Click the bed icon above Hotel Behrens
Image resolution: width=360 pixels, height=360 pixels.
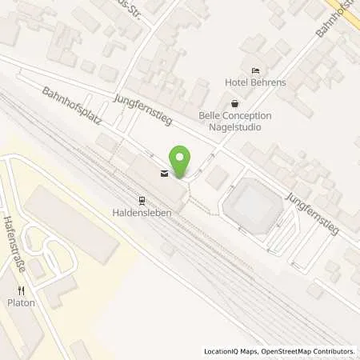pos(255,71)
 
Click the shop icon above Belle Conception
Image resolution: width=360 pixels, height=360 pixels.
pos(234,103)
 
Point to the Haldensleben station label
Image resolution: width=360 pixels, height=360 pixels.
pos(141,213)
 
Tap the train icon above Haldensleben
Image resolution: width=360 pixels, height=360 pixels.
pos(141,201)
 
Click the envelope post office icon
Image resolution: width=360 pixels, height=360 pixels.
pos(165,174)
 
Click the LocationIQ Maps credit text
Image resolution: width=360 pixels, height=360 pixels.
pos(233,351)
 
